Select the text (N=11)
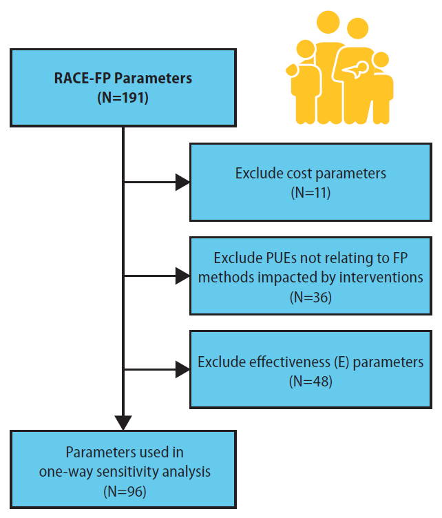[311, 192]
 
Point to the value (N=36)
[311, 298]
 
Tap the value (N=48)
[311, 381]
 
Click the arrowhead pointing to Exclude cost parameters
[182, 183]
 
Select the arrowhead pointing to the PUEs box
[182, 277]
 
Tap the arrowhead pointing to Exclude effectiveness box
[182, 371]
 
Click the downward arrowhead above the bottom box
[123, 419]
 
